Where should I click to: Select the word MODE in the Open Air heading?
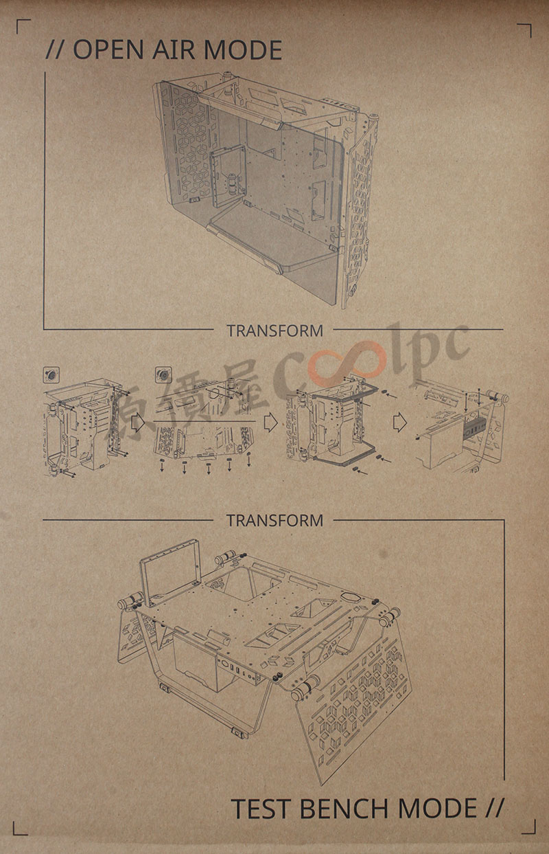click(243, 49)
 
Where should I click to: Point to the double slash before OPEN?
click(55, 49)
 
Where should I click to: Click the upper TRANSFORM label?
click(275, 330)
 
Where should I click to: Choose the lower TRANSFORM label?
click(275, 520)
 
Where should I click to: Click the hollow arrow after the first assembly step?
click(137, 422)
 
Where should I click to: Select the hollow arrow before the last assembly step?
click(400, 423)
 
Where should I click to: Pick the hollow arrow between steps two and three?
click(270, 423)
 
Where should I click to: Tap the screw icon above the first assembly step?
click(51, 374)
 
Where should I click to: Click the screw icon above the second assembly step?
click(163, 374)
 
